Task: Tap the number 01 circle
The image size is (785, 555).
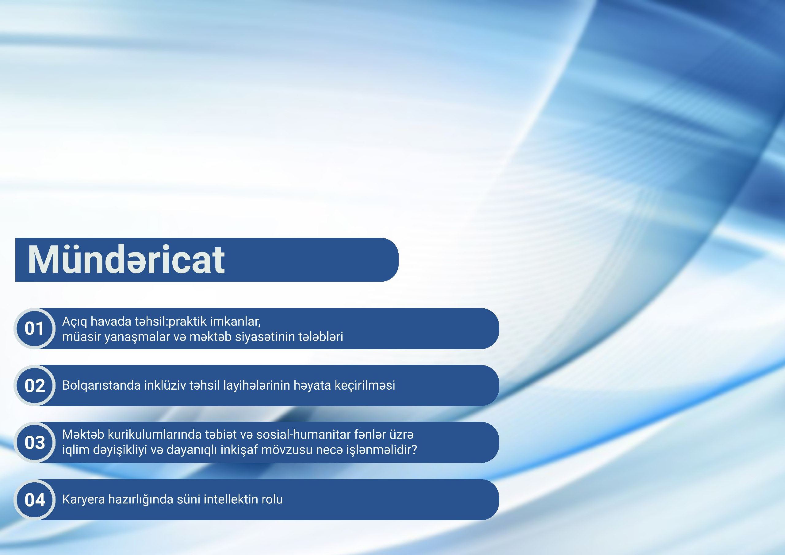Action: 35,329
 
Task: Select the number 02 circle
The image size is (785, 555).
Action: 35,386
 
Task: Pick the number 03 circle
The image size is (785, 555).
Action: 35,442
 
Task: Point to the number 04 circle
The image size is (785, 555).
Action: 35,499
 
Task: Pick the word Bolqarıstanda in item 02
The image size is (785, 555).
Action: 101,386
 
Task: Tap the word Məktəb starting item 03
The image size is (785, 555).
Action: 83,434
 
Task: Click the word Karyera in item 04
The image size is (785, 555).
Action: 83,499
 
